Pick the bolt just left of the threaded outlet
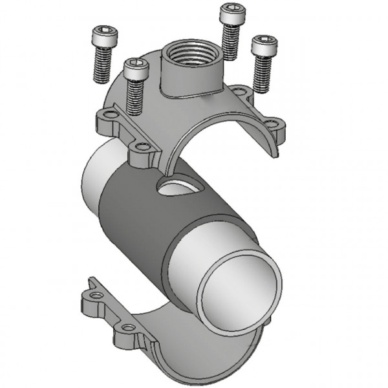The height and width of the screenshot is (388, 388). coord(134,84)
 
